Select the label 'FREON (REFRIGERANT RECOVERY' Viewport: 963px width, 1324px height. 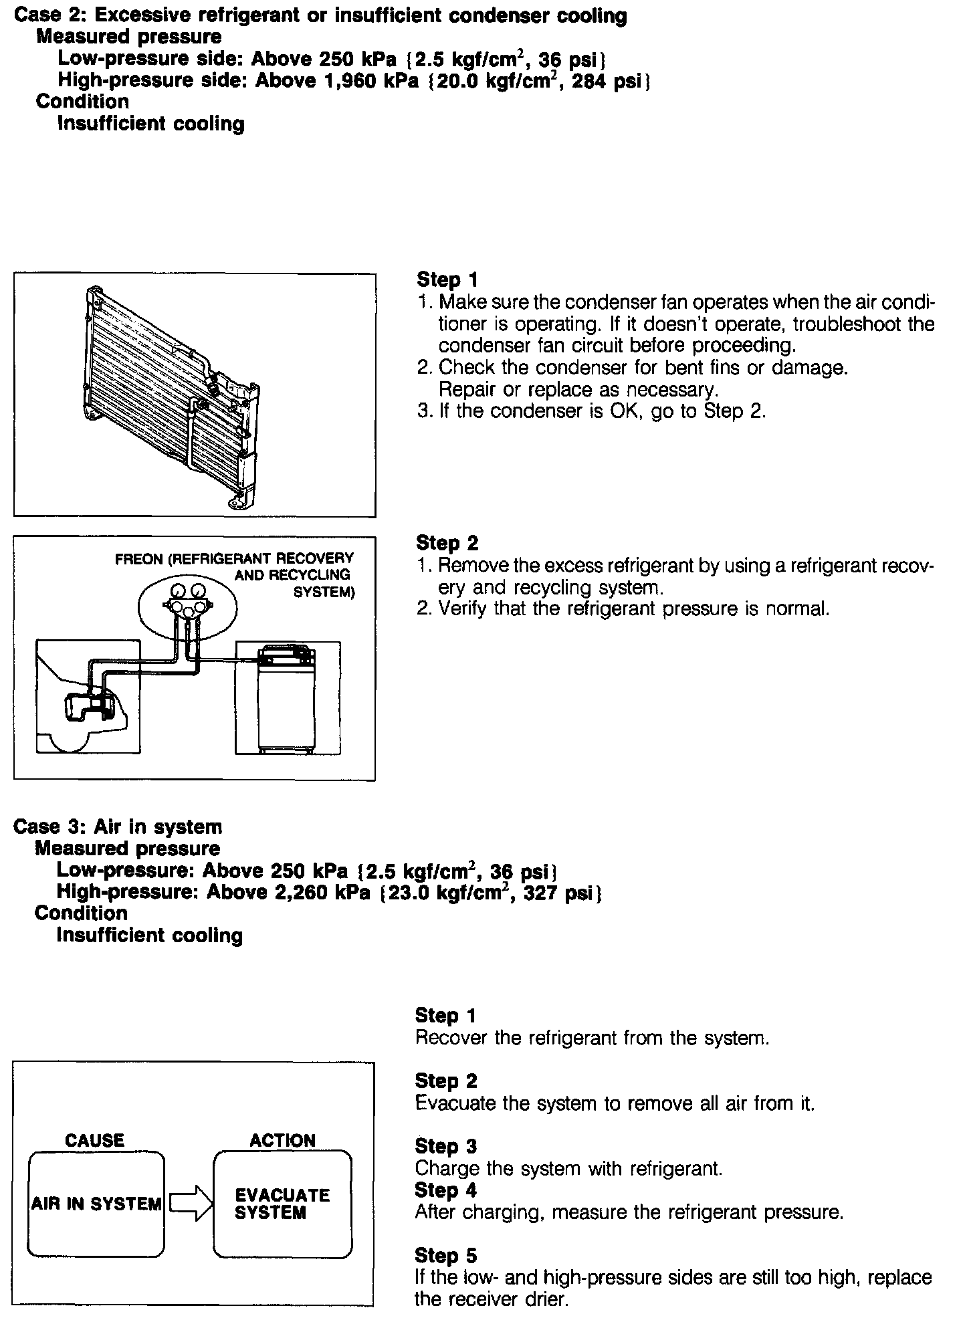tap(234, 558)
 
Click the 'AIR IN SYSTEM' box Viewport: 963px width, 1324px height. tap(96, 1204)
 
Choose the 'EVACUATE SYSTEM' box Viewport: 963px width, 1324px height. tap(282, 1204)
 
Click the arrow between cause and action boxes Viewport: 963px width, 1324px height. tap(189, 1204)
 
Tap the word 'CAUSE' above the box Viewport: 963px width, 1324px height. tap(94, 1140)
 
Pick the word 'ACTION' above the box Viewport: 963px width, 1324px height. tap(282, 1140)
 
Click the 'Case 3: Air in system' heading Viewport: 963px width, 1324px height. tap(118, 826)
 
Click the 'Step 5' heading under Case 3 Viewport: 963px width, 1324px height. tap(445, 1255)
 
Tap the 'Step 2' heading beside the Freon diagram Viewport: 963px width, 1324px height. tap(447, 543)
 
